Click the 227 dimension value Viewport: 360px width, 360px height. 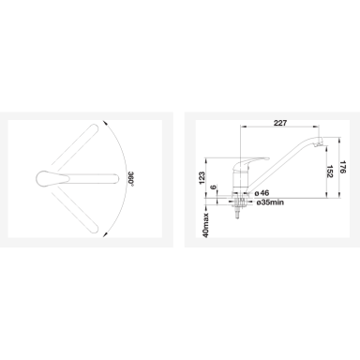[x=280, y=123]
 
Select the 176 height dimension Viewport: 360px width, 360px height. [x=343, y=167]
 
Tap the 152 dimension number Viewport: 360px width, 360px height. [x=329, y=172]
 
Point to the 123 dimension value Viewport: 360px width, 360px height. [x=202, y=177]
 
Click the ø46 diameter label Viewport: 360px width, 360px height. [x=262, y=193]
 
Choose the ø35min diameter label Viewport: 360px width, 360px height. [x=270, y=202]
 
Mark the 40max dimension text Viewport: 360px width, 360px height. [x=205, y=225]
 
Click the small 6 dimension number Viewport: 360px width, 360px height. [x=213, y=187]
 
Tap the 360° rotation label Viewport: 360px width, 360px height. [x=131, y=179]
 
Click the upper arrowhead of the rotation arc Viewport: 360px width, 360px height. [x=104, y=123]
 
